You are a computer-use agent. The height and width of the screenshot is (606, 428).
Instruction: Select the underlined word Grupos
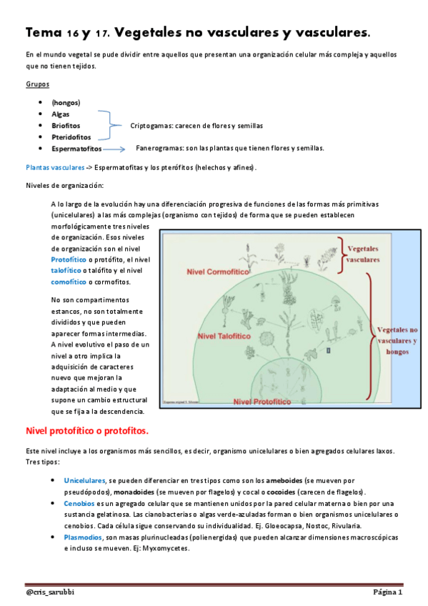(x=37, y=84)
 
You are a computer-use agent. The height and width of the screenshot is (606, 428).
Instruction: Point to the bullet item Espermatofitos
(x=76, y=149)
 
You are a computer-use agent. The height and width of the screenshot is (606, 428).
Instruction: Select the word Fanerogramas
(x=161, y=149)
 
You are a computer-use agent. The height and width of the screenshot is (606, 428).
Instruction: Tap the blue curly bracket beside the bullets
(x=106, y=125)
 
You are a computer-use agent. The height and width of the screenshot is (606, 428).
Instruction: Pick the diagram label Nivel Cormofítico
(x=217, y=272)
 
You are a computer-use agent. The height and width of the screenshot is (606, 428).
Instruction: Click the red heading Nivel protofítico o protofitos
(x=86, y=431)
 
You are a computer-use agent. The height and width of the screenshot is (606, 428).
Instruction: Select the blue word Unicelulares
(x=84, y=481)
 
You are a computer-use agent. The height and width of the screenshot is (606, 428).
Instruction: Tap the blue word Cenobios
(x=78, y=504)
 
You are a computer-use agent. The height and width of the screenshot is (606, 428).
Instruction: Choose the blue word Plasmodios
(x=81, y=537)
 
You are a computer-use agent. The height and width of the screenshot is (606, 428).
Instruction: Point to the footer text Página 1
(x=387, y=592)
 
